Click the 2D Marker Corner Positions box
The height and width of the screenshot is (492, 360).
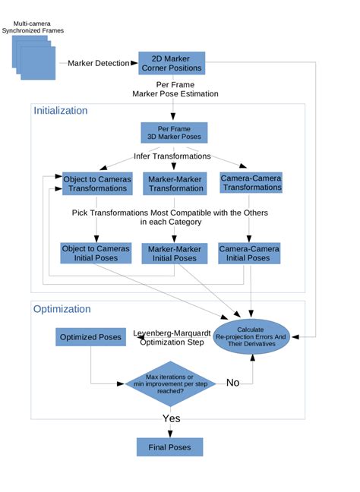[172, 64]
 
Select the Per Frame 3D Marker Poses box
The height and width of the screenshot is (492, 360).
[174, 133]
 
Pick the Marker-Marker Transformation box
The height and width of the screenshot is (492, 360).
[174, 183]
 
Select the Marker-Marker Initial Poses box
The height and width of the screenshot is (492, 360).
[174, 253]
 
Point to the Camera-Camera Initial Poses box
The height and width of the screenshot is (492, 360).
[249, 252]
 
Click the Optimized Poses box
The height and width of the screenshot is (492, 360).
[90, 337]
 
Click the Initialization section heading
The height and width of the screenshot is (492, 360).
[60, 111]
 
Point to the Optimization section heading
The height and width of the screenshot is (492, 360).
[62, 309]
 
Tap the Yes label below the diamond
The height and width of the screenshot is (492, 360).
[172, 418]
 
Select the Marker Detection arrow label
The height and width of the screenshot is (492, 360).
[99, 63]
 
